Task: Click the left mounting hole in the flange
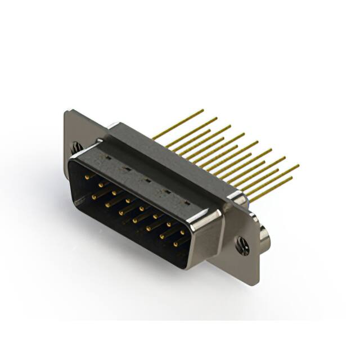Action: click(x=75, y=147)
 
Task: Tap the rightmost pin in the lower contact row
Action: click(x=176, y=243)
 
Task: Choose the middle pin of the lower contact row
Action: click(x=136, y=219)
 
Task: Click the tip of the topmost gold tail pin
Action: click(x=202, y=110)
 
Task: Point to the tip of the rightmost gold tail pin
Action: click(x=298, y=166)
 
